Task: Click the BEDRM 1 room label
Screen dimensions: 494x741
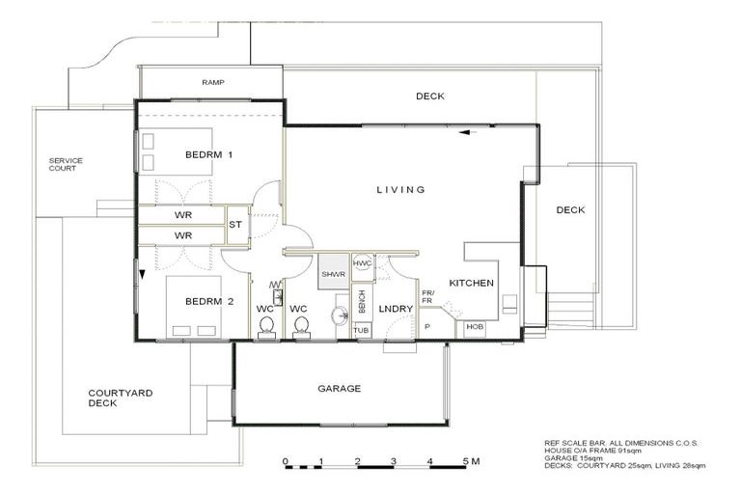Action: click(x=209, y=154)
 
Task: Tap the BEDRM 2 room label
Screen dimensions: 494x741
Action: click(x=209, y=301)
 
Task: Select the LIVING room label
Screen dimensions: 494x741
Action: click(x=400, y=190)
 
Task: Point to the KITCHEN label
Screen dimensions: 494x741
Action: click(x=472, y=284)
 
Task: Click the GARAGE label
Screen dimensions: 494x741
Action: click(x=339, y=389)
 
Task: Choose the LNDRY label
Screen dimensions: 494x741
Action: click(x=397, y=309)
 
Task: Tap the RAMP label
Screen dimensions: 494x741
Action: click(x=212, y=83)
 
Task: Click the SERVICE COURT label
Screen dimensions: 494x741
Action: click(x=67, y=165)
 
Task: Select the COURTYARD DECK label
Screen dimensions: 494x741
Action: click(x=120, y=398)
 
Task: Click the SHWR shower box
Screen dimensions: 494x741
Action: click(x=333, y=274)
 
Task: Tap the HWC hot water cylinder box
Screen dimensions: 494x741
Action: click(x=363, y=263)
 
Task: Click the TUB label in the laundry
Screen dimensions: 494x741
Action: click(x=361, y=330)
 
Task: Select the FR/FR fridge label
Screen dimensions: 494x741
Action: click(x=427, y=297)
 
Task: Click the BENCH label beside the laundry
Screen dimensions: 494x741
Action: click(x=362, y=301)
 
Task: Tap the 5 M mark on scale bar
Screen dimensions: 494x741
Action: click(x=471, y=461)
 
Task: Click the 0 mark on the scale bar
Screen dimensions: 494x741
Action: click(x=286, y=461)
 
